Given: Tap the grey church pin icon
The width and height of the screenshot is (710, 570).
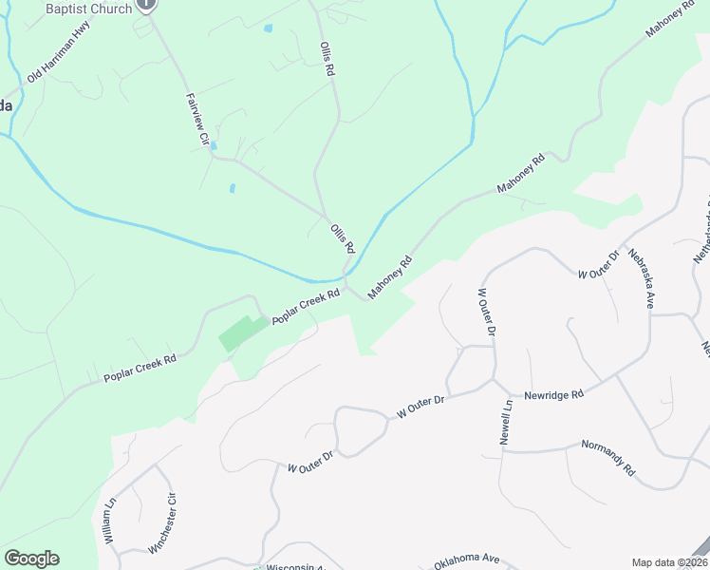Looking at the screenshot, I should click(145, 4).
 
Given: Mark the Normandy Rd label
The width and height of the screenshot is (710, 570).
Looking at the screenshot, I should click(607, 457).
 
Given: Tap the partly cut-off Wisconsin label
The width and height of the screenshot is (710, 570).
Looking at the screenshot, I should click(295, 566).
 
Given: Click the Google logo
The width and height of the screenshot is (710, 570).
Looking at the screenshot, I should click(31, 559).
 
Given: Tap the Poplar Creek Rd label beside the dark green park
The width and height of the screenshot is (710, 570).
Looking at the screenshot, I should click(306, 308).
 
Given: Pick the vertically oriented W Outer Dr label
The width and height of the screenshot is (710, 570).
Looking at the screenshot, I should click(487, 313).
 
